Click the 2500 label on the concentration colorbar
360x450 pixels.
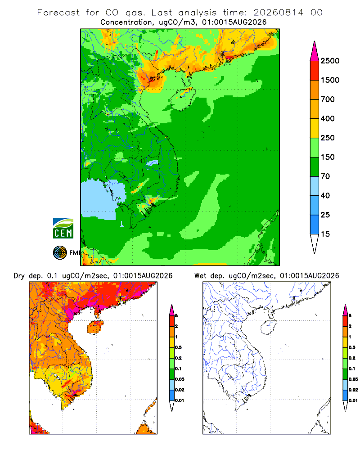tap(330, 61)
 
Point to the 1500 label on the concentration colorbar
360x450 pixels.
tap(330, 80)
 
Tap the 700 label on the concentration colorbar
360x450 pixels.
tap(328, 99)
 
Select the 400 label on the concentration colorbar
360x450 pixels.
tap(328, 118)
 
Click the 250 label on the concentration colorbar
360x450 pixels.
tap(328, 138)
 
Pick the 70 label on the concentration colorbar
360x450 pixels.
tap(325, 176)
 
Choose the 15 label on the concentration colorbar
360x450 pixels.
tap(325, 234)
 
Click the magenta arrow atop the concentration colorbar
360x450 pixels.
tap(315, 52)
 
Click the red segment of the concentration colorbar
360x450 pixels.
tap(315, 71)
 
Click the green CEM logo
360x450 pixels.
tap(63, 229)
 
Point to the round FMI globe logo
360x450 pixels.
tap(60, 253)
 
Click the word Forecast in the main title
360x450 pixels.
tap(58, 13)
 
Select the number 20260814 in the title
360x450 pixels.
tap(278, 13)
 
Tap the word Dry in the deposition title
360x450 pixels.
tap(19, 276)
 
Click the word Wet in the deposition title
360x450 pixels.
tap(200, 276)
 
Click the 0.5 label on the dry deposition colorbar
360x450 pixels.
tap(178, 347)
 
